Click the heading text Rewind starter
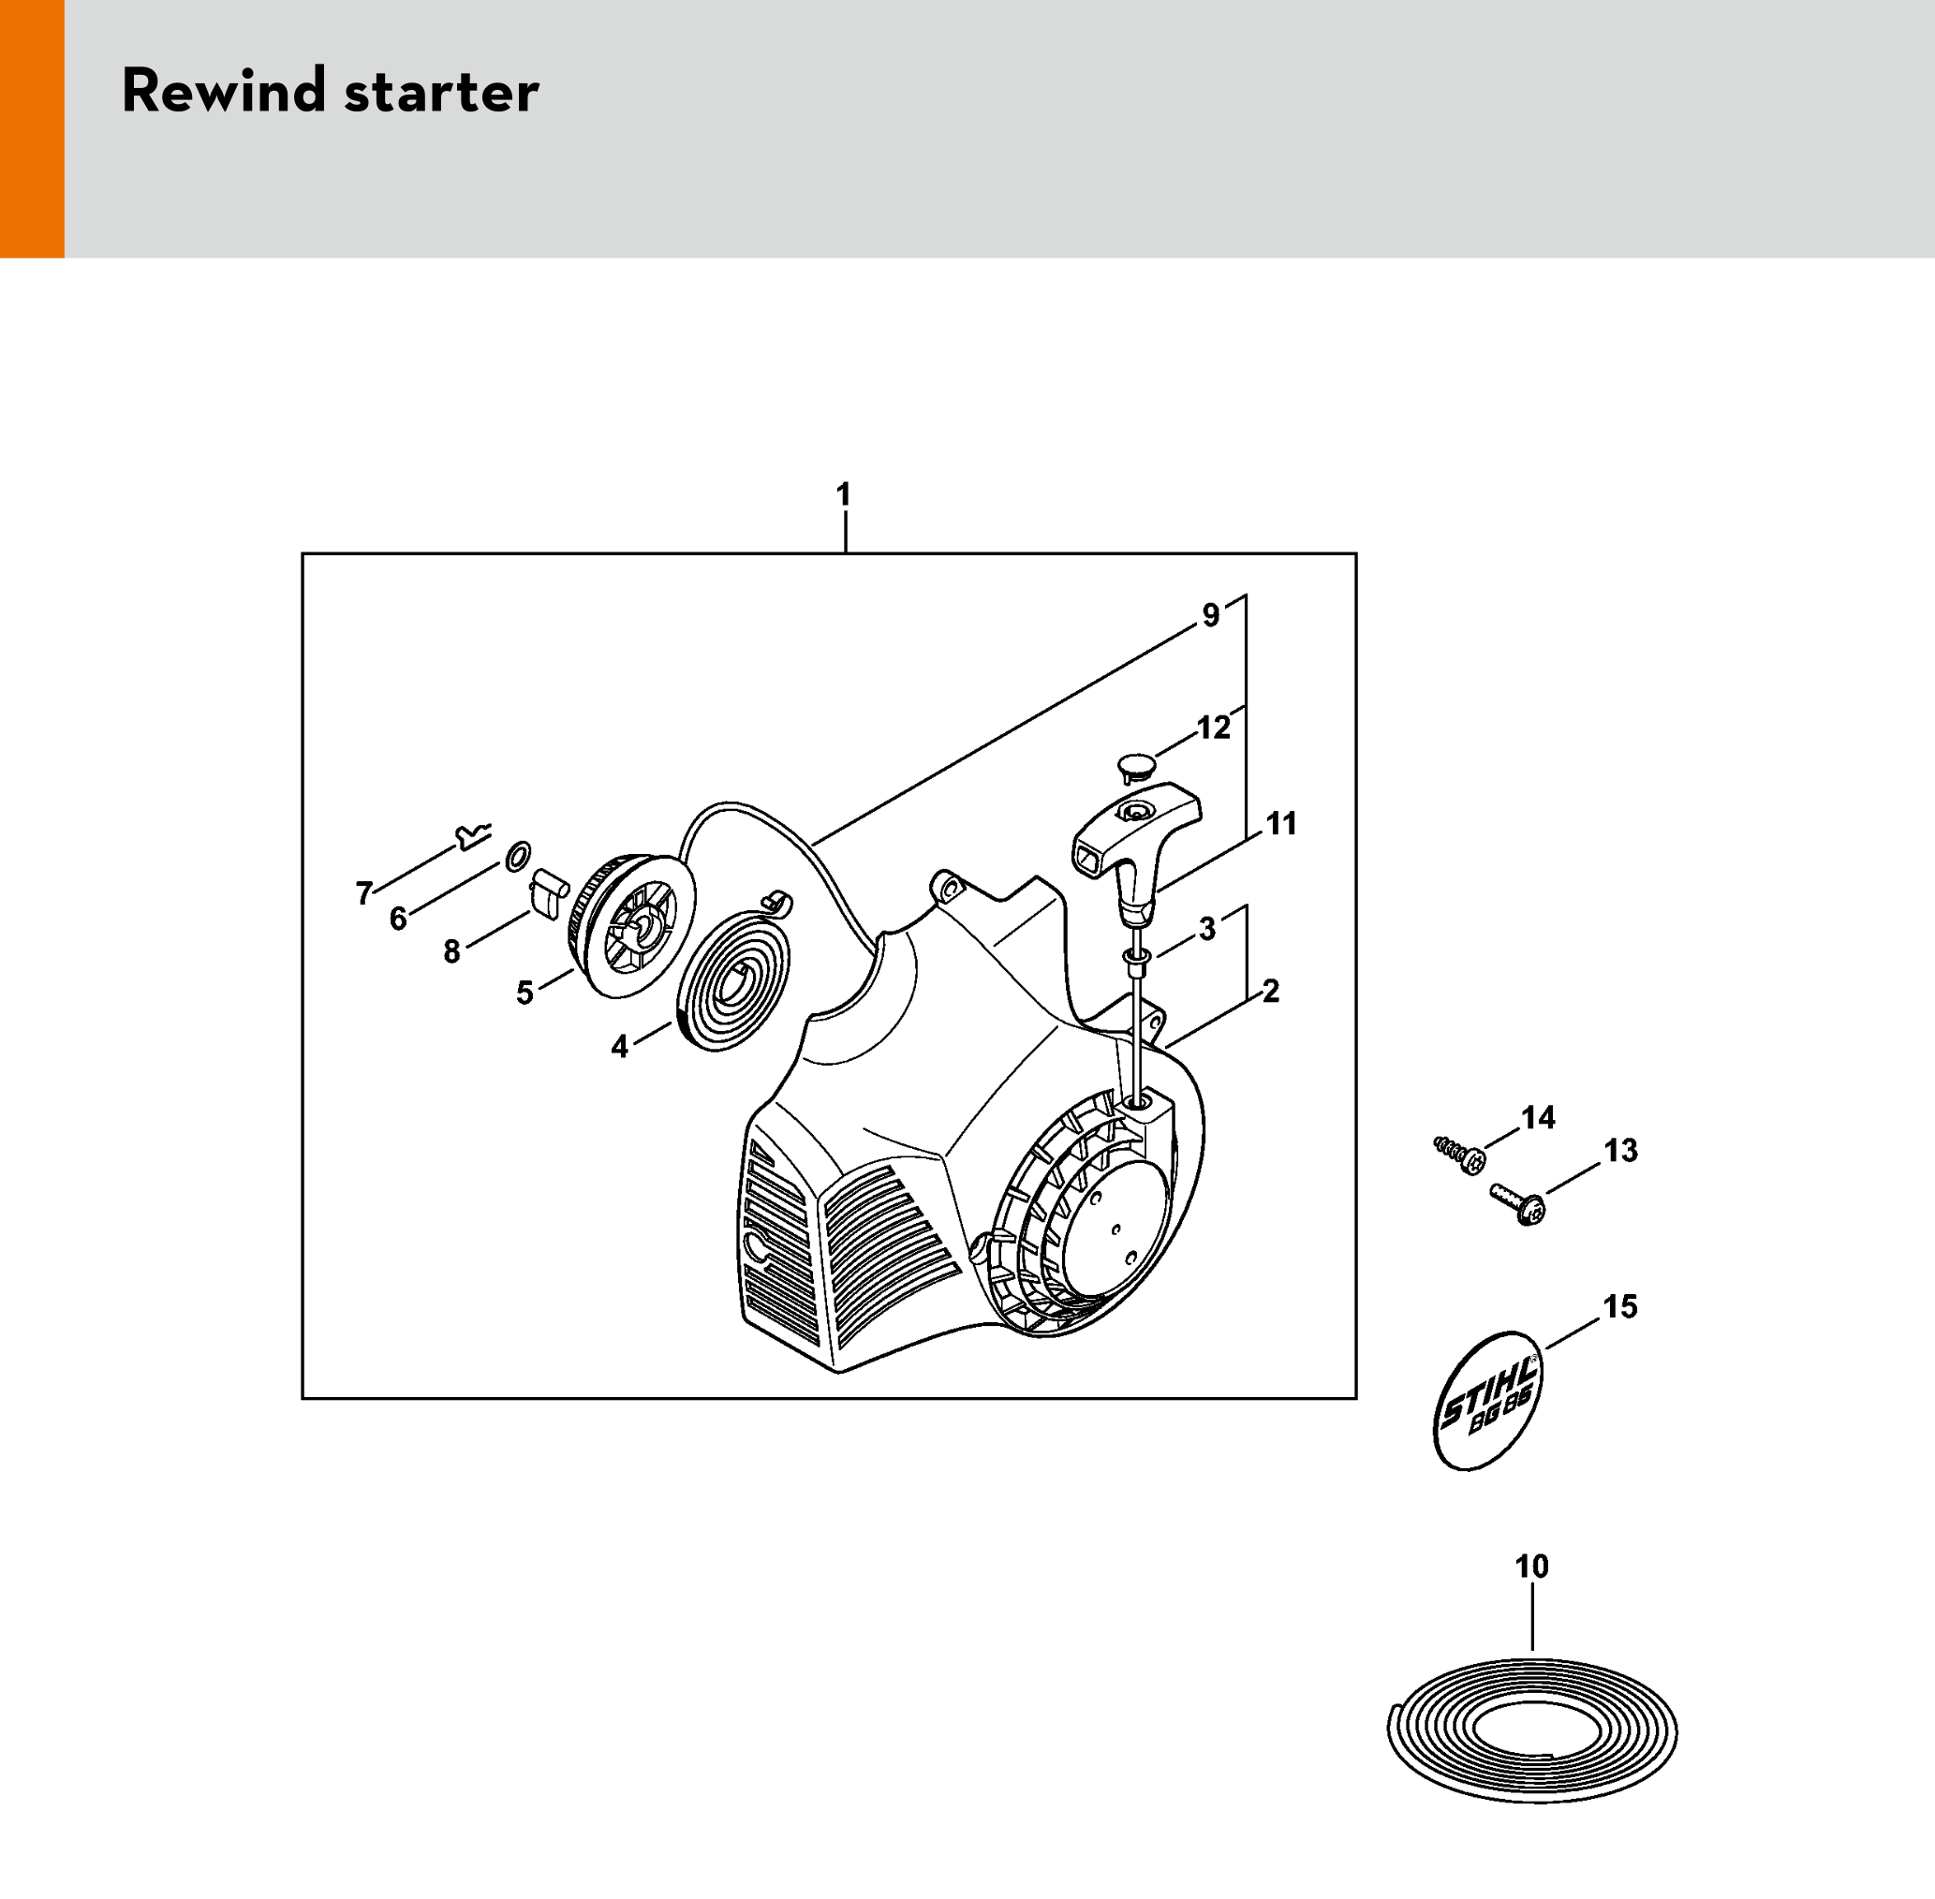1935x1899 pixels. (x=330, y=91)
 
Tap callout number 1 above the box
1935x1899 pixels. (x=844, y=494)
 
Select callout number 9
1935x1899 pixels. (x=1211, y=615)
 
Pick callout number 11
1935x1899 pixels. (x=1281, y=824)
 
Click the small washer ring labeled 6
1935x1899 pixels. (x=519, y=856)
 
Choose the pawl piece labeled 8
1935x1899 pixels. (x=547, y=893)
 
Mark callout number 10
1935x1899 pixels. (x=1532, y=1567)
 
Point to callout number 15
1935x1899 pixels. (x=1619, y=1306)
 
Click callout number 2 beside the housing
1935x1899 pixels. (x=1271, y=991)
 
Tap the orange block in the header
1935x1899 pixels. (x=32, y=128)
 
